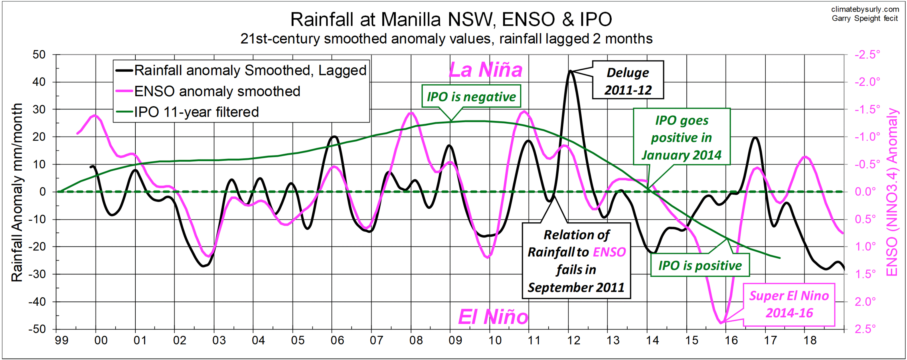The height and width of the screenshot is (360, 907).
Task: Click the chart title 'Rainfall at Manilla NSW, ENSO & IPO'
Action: click(451, 20)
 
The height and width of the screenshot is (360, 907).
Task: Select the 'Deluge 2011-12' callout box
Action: click(628, 80)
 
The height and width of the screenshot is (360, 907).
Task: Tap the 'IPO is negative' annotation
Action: click(471, 96)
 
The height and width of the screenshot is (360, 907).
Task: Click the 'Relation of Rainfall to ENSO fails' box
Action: click(576, 261)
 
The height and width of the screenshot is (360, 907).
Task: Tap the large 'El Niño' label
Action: click(493, 317)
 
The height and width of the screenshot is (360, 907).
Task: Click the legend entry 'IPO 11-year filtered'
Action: click(196, 112)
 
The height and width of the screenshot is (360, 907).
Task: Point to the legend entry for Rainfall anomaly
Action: click(250, 70)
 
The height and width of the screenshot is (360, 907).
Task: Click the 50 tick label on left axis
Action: click(39, 55)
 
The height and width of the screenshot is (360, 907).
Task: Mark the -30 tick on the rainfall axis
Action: click(37, 274)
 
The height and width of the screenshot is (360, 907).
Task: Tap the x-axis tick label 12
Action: click(574, 340)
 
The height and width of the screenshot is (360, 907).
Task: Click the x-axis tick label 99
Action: click(62, 340)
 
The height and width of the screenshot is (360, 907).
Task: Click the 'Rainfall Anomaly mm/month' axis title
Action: click(17, 192)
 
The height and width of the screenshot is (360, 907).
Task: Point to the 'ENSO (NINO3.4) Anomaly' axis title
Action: click(892, 192)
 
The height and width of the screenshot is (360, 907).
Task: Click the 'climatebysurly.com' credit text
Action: click(865, 9)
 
